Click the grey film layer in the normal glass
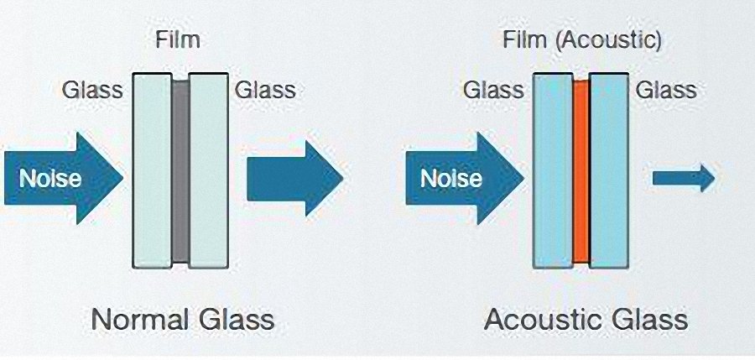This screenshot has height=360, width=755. point(180,172)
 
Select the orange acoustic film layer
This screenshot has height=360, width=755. point(581,172)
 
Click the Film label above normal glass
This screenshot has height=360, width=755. point(178,39)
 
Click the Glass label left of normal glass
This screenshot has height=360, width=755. point(92,89)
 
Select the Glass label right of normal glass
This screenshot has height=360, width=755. point(265,89)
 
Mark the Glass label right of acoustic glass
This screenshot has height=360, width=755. point(666,89)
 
